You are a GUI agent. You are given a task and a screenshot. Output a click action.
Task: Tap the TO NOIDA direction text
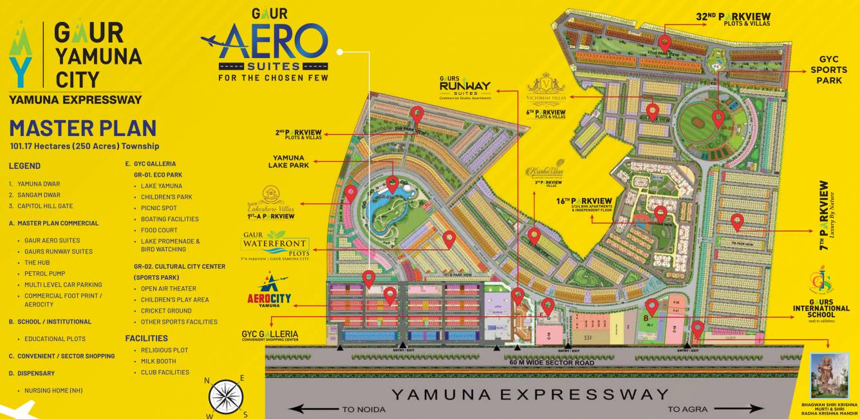364,409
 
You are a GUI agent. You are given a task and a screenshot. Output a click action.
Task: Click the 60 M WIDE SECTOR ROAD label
543,363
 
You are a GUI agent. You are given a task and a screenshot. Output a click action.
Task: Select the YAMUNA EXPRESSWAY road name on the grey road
530,393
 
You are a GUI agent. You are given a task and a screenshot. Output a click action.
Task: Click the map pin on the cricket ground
718,119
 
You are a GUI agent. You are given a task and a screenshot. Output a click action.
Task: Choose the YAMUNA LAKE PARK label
291,161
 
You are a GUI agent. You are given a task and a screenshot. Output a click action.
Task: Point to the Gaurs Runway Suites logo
465,88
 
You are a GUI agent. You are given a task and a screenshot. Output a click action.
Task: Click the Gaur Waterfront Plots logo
275,245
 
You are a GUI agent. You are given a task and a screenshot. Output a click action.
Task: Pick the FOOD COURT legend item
159,230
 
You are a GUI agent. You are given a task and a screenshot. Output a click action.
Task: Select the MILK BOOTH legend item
158,361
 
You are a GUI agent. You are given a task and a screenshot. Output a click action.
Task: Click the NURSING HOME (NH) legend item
53,391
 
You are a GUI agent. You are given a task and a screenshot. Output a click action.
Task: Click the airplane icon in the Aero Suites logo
217,41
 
